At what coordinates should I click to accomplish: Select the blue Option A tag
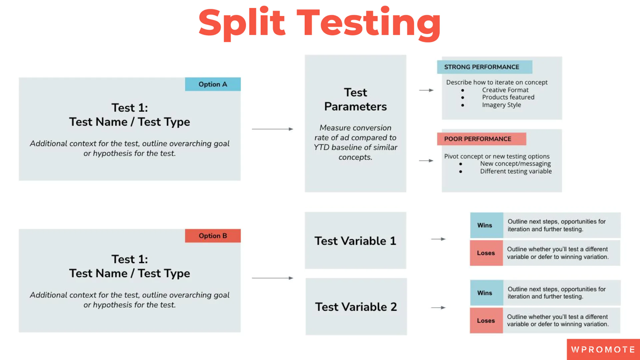(213, 84)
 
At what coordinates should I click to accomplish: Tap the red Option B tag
(213, 236)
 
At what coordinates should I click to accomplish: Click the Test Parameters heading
(355, 99)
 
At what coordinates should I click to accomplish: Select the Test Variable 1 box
(355, 241)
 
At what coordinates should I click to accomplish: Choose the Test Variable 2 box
(356, 307)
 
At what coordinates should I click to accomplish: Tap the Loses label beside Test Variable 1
(486, 253)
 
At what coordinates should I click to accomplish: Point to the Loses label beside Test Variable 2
(486, 321)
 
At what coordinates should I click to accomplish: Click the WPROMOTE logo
(603, 350)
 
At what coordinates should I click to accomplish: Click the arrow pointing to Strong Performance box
(426, 90)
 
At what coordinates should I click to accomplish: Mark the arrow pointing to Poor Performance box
(426, 161)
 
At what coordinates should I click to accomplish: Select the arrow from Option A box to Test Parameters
(272, 129)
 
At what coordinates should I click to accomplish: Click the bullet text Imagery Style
(501, 105)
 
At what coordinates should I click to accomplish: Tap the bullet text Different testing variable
(516, 171)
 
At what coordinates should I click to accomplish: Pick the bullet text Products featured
(508, 97)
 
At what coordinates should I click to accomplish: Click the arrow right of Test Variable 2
(438, 308)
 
